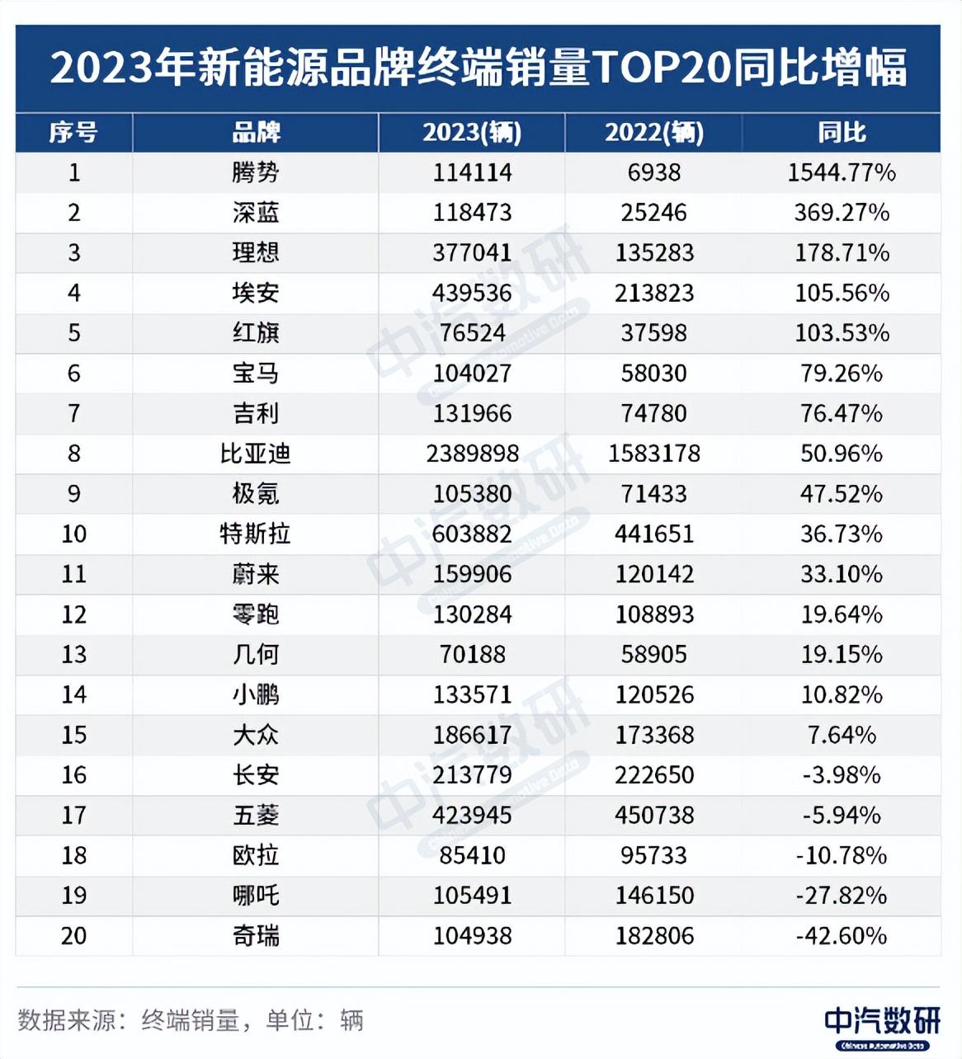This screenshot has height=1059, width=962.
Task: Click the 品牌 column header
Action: coord(256,133)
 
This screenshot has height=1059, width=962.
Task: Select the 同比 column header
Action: coord(842,133)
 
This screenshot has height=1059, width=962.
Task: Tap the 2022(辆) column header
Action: coord(654,133)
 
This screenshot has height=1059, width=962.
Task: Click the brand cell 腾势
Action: coord(256,172)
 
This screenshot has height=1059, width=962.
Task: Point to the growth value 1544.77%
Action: coord(842,172)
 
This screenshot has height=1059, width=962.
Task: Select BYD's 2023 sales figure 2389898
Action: coord(472,454)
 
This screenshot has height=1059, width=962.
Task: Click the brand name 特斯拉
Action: coord(256,534)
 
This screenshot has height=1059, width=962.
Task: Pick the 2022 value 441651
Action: coord(654,534)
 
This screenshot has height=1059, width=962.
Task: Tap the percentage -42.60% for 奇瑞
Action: coord(842,936)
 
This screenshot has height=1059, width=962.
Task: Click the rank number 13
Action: coord(74,655)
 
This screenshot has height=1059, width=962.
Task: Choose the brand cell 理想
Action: coord(256,252)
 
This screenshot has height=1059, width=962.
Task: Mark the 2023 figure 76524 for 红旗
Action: coord(472,333)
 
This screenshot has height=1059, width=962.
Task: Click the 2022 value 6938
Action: coord(654,172)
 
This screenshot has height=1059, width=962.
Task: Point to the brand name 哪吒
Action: coord(256,896)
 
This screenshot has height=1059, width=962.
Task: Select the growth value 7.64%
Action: coord(842,735)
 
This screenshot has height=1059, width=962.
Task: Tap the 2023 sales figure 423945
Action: coord(472,815)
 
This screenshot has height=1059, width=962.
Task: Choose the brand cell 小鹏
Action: coord(256,694)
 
